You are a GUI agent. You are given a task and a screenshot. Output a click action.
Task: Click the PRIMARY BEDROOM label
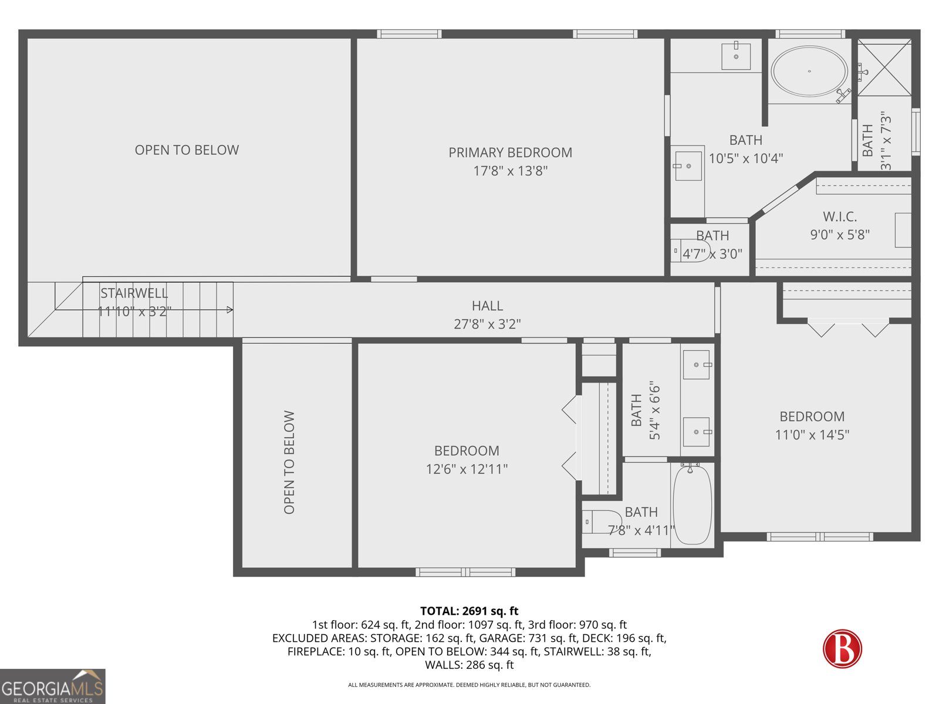(510, 153)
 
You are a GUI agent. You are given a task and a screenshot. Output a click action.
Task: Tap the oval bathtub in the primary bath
(809, 71)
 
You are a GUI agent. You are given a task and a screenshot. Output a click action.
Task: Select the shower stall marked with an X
(884, 67)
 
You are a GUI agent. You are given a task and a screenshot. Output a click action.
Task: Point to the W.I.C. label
(839, 216)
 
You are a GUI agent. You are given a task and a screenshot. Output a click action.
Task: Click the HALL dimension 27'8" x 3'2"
(487, 324)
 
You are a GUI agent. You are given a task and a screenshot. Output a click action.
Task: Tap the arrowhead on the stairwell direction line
(230, 310)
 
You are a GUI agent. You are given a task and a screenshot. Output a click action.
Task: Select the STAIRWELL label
(134, 293)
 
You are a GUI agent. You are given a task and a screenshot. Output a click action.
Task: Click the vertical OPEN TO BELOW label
(289, 462)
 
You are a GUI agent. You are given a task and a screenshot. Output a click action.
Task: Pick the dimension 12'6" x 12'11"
(467, 469)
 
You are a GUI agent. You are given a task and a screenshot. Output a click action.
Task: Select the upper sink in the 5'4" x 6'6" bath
(697, 365)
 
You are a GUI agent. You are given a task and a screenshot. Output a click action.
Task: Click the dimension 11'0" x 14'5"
(812, 435)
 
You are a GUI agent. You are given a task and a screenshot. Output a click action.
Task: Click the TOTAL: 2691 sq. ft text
(469, 611)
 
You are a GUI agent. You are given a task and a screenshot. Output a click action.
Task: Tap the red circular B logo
(842, 648)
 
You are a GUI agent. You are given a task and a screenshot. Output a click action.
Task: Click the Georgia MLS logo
(52, 686)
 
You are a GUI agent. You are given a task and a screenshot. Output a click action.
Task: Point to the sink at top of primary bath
(736, 56)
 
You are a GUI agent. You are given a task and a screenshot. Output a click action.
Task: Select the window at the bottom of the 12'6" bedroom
(465, 572)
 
